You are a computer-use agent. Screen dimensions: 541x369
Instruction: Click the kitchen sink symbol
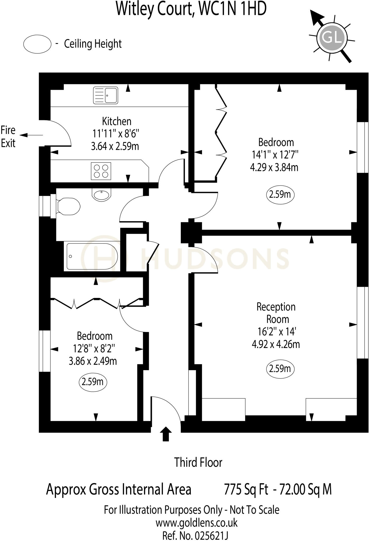tap(106, 95)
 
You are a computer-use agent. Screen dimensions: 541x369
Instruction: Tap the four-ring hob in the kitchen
tap(101, 171)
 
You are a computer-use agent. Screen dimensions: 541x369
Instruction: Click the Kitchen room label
tap(116, 122)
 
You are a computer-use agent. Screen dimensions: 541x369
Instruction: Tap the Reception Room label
tap(276, 313)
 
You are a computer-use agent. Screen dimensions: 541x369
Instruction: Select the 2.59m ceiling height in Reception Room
tap(280, 369)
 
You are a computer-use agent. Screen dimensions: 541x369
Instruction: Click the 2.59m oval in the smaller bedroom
tap(93, 382)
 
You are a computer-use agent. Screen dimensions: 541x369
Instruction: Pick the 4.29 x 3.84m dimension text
tap(274, 167)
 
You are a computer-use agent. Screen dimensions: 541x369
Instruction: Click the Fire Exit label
tap(8, 137)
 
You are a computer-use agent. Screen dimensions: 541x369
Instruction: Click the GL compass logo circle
tap(332, 38)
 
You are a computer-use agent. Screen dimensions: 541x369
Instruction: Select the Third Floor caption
tap(198, 462)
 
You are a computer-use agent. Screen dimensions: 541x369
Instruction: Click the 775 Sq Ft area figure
tap(246, 489)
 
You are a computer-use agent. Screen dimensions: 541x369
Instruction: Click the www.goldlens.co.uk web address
tap(196, 523)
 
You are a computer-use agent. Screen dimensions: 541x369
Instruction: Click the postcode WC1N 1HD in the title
tap(232, 9)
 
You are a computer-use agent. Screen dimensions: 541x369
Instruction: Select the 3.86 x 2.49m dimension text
tap(93, 361)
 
